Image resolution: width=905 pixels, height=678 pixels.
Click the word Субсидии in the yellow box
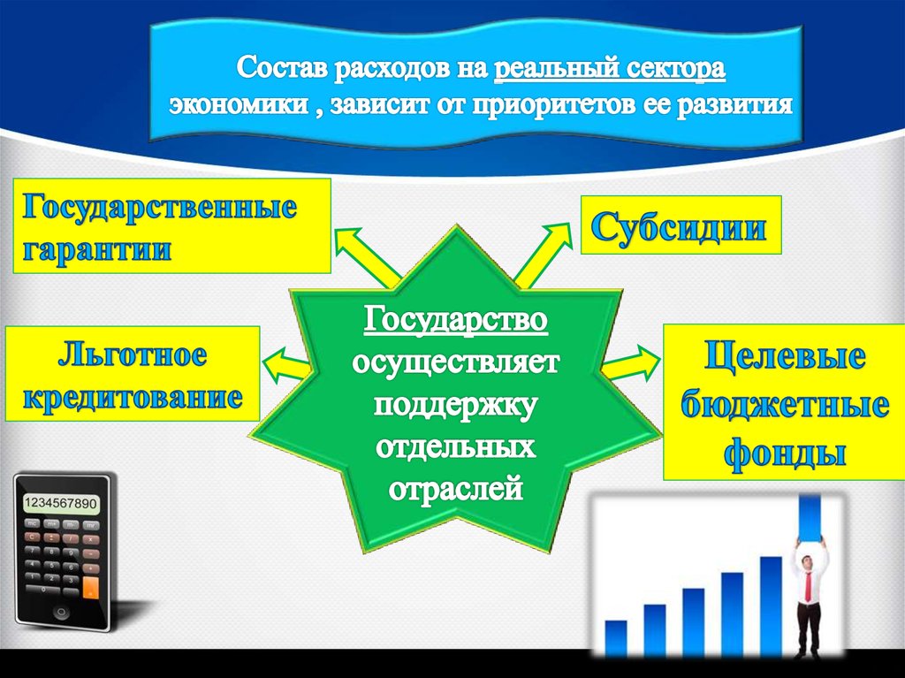tap(679, 227)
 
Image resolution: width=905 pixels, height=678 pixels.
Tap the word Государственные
tap(160, 208)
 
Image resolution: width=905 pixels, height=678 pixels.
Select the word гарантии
tap(97, 250)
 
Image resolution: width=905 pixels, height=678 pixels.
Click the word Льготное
tap(133, 354)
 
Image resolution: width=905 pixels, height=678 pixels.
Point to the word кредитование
tap(133, 397)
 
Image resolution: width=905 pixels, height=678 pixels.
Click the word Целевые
tap(785, 355)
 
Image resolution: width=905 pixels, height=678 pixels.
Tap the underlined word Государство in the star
tap(455, 319)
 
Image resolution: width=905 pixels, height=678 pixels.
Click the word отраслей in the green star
tap(455, 489)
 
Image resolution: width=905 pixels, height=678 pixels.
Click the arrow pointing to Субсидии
tap(543, 254)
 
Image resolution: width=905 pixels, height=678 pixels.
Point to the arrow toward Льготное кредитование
tap(285, 366)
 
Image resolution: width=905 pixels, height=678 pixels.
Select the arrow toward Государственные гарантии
tap(367, 256)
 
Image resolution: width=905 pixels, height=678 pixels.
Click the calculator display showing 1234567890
tap(61, 503)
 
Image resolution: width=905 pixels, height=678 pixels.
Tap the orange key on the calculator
tap(91, 587)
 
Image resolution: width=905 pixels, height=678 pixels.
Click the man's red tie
tap(809, 585)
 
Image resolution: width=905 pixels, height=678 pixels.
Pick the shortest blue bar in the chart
tap(616, 638)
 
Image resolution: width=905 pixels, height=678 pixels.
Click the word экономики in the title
tap(239, 104)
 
